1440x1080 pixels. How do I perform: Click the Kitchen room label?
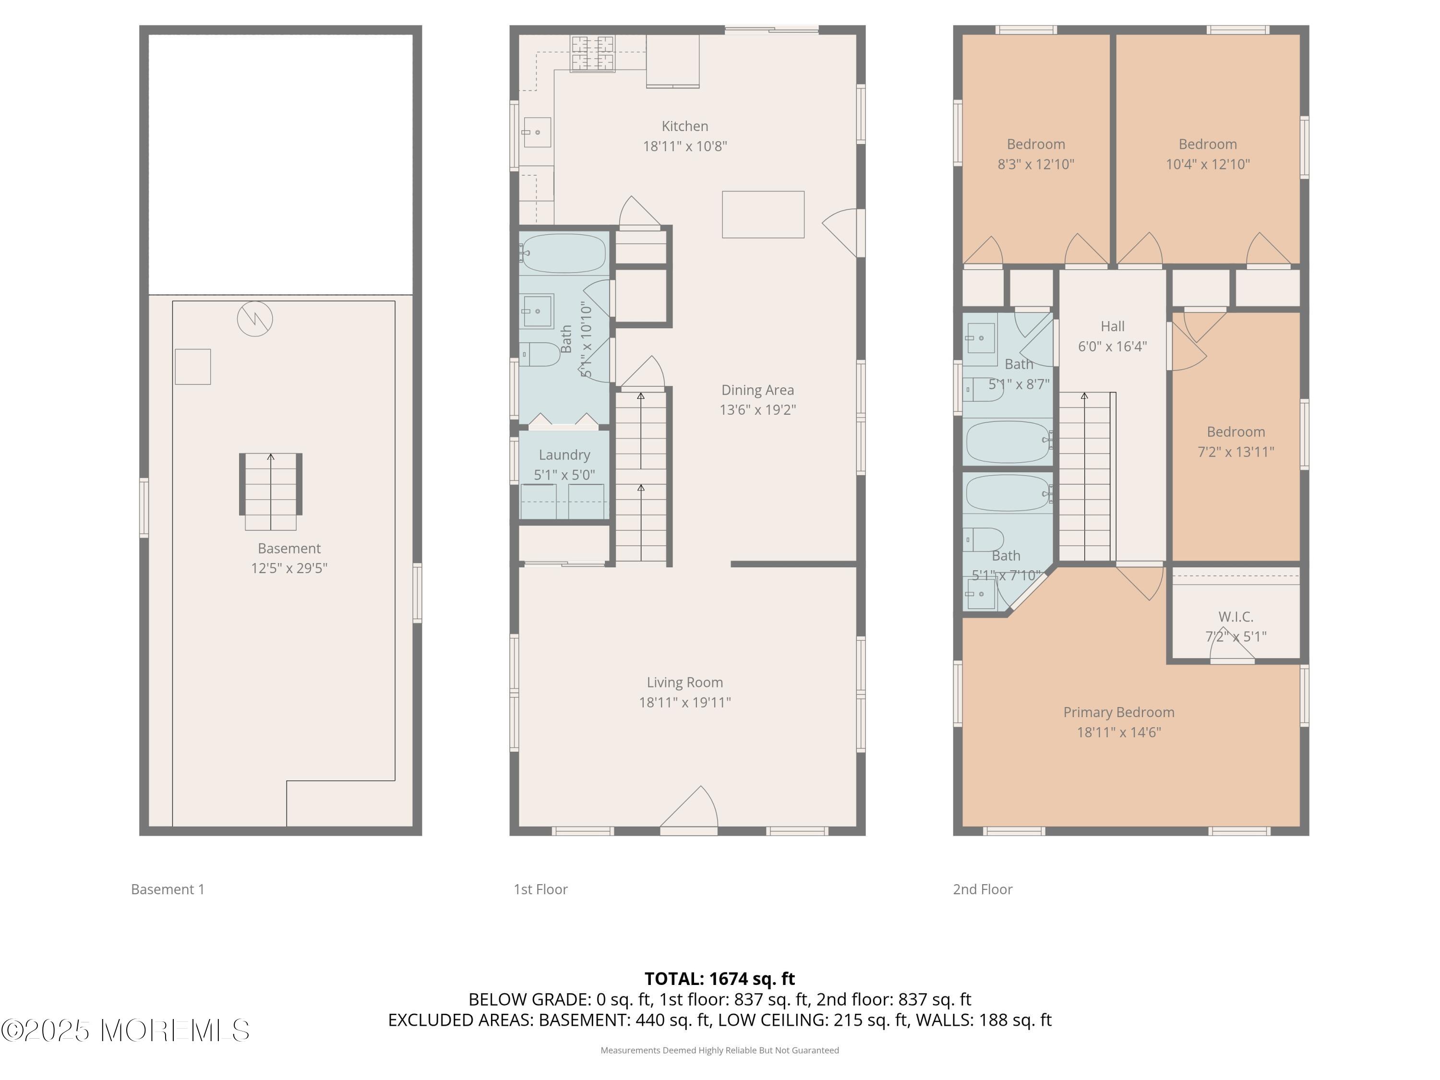pyautogui.click(x=685, y=126)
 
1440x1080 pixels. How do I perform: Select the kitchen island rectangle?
pyautogui.click(x=763, y=214)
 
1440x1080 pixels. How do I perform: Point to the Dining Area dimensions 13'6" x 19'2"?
pyautogui.click(x=758, y=410)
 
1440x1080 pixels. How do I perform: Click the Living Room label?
pyautogui.click(x=685, y=682)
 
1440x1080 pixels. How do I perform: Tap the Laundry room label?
pyautogui.click(x=564, y=455)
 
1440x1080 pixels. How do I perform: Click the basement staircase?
pyautogui.click(x=271, y=492)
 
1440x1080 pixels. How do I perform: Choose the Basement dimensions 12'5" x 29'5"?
pyautogui.click(x=289, y=568)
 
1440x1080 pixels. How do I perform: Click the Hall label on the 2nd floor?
pyautogui.click(x=1113, y=326)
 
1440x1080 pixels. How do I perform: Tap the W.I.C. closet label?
pyautogui.click(x=1236, y=616)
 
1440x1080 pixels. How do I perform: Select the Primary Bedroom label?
pyautogui.click(x=1119, y=713)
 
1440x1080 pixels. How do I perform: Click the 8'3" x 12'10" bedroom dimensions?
pyautogui.click(x=1036, y=165)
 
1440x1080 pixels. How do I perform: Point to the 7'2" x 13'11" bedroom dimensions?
pyautogui.click(x=1236, y=452)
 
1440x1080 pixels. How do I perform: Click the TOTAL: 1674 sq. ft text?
pyautogui.click(x=720, y=978)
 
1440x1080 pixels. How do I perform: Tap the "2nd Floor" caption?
pyautogui.click(x=983, y=889)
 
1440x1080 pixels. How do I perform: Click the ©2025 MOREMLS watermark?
pyautogui.click(x=125, y=1031)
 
